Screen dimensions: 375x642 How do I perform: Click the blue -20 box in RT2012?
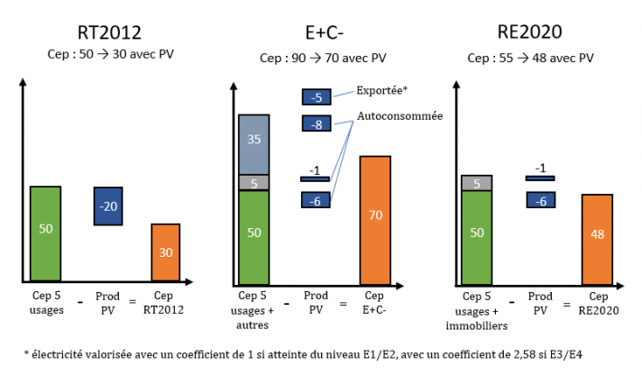pyautogui.click(x=108, y=206)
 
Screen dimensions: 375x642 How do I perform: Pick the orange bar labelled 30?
pyautogui.click(x=166, y=253)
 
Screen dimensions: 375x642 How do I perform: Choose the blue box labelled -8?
pyautogui.click(x=316, y=124)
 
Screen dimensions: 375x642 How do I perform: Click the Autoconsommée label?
pyautogui.click(x=399, y=116)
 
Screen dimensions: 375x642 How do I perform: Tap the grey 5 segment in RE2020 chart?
pyautogui.click(x=476, y=183)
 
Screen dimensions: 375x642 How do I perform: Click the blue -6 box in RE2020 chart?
pyautogui.click(x=540, y=200)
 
